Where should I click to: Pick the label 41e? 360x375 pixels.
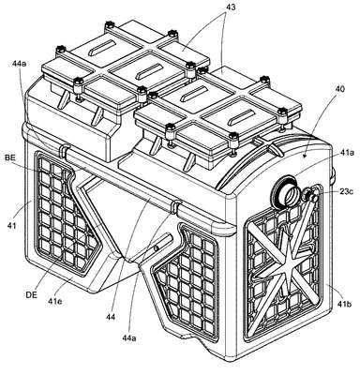(54, 302)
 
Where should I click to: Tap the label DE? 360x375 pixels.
(31, 294)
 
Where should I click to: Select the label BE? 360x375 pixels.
(9, 158)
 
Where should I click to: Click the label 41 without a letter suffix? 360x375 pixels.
(11, 225)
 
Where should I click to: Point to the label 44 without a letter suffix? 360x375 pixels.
(111, 317)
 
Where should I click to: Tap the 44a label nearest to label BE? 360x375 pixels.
(20, 64)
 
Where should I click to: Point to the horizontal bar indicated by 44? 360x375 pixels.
(124, 181)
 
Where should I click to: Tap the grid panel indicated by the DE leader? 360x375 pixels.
(66, 216)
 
